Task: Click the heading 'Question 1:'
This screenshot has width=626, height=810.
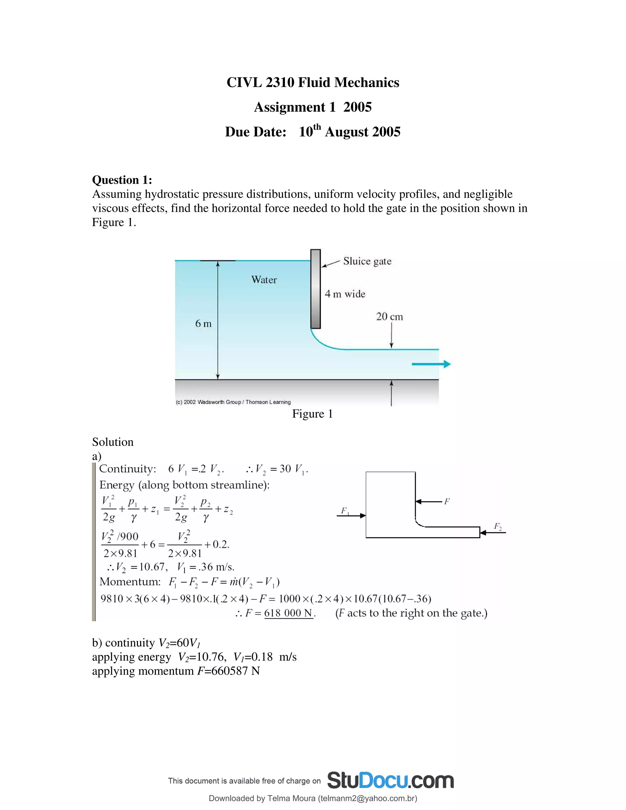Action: [x=122, y=180]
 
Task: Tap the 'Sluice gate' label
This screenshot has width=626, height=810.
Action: [x=367, y=261]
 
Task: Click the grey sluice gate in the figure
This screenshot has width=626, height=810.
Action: [x=315, y=289]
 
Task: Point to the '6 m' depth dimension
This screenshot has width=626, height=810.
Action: [x=203, y=323]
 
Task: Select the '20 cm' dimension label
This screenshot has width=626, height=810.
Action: [x=389, y=316]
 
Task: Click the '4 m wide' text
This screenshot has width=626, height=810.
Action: [x=345, y=294]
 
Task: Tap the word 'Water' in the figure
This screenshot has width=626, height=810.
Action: [x=264, y=280]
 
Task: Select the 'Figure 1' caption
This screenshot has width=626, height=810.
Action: [x=312, y=414]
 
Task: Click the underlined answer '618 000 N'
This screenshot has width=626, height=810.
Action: [x=289, y=613]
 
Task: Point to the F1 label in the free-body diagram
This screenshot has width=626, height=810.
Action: [x=344, y=511]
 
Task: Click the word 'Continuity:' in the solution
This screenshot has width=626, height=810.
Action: [x=127, y=469]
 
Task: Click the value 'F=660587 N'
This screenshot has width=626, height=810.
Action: [x=228, y=671]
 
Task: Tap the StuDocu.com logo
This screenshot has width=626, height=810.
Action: [x=390, y=781]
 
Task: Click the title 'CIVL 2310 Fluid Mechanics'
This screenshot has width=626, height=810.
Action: [x=313, y=82]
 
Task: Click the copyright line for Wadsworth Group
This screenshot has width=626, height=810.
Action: [x=233, y=402]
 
